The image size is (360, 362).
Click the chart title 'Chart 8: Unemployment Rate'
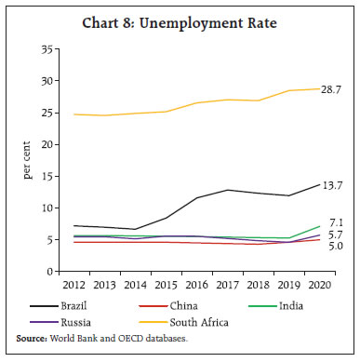pyautogui.click(x=180, y=25)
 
